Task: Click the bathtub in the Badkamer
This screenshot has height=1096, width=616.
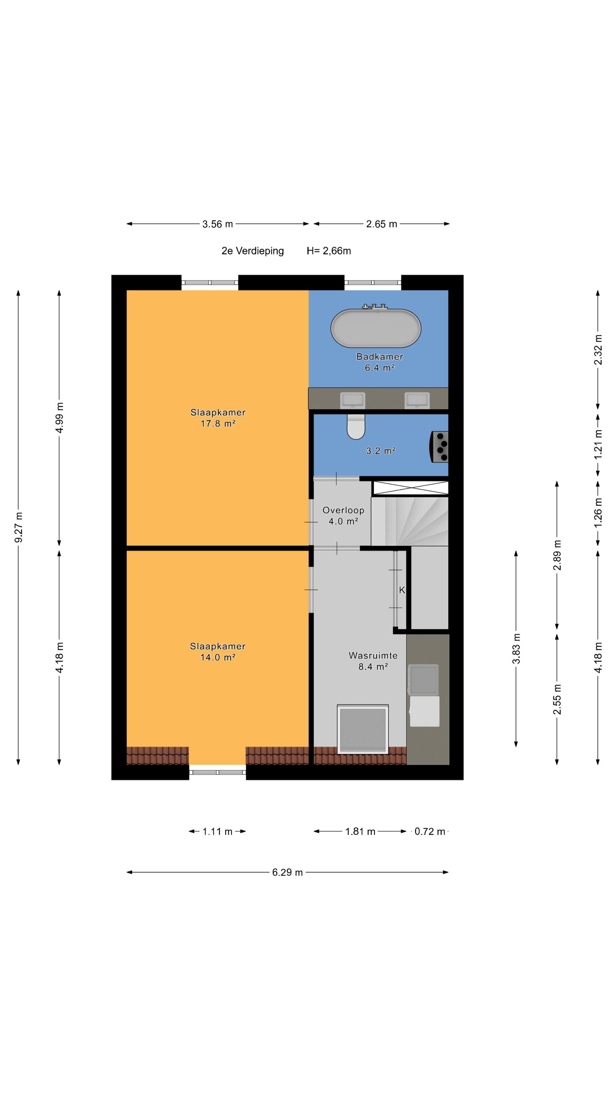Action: point(376,328)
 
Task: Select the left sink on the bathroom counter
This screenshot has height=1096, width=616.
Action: point(353,400)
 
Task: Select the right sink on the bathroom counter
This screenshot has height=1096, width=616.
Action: point(417,400)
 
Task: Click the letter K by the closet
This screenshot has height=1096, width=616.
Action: point(402,590)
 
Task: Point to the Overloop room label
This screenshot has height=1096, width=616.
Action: point(343,510)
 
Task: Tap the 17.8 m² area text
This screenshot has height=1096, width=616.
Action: point(217,423)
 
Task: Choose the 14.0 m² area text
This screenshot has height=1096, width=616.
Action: point(217,657)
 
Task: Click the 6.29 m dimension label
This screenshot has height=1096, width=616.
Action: point(288,872)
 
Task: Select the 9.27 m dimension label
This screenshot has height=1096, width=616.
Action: point(19,528)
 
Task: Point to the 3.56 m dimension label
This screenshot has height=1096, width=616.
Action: point(217,224)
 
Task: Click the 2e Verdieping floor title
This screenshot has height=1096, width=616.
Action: point(253,251)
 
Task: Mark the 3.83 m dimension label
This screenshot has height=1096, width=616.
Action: point(516,648)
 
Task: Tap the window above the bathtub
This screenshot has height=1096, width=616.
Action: point(373,282)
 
